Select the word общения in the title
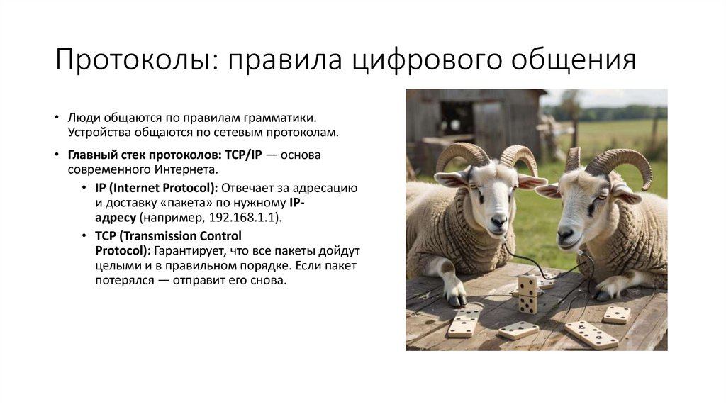pos(568,61)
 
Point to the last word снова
pos(270,281)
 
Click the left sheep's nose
pos(498,222)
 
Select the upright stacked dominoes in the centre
pos(527,294)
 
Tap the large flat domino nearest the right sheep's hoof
pos(616,314)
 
